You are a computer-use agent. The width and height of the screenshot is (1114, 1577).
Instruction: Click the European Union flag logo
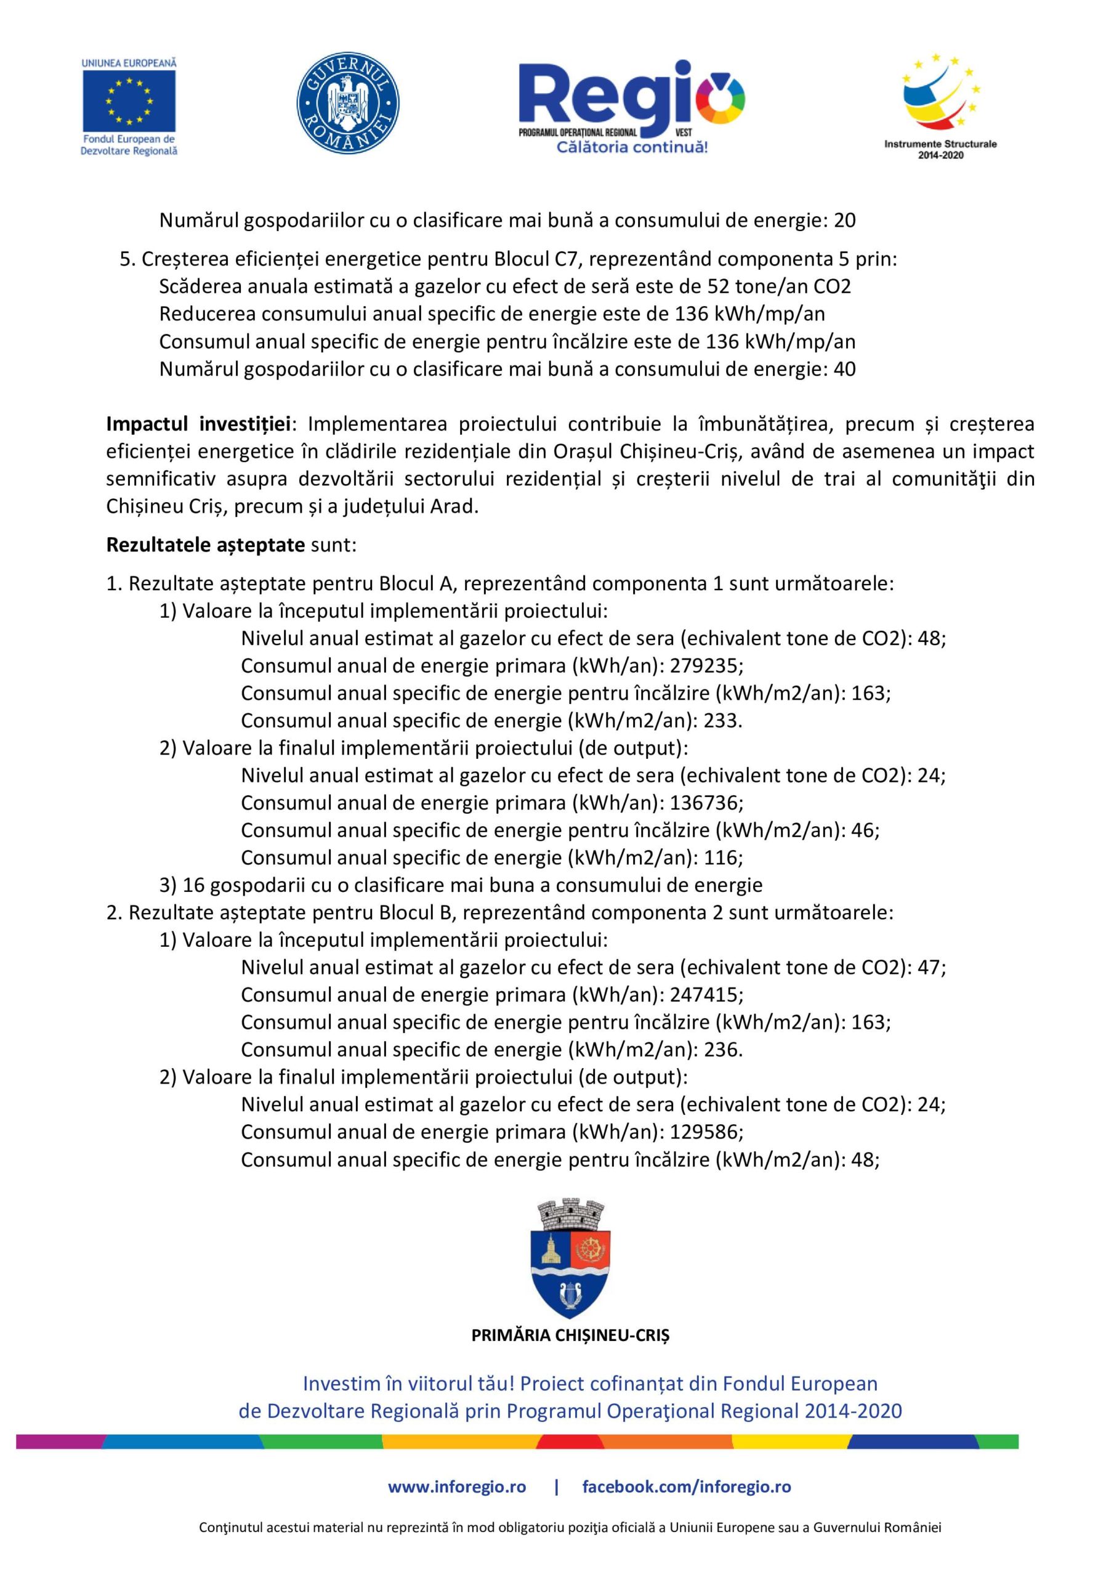click(x=129, y=101)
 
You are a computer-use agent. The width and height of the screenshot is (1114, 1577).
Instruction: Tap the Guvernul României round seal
click(x=348, y=102)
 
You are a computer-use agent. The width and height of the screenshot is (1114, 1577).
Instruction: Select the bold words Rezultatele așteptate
click(x=205, y=545)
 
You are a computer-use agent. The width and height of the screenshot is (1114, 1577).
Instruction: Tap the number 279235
click(x=704, y=665)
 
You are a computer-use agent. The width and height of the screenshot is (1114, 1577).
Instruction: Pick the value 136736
click(x=704, y=802)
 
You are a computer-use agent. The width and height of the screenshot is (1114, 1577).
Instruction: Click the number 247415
click(x=704, y=994)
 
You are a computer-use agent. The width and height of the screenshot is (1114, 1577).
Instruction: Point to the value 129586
click(x=704, y=1131)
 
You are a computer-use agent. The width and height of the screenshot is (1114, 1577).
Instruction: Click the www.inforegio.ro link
click(x=457, y=1487)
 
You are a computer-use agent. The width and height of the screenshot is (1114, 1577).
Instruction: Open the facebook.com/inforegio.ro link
click(x=686, y=1487)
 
